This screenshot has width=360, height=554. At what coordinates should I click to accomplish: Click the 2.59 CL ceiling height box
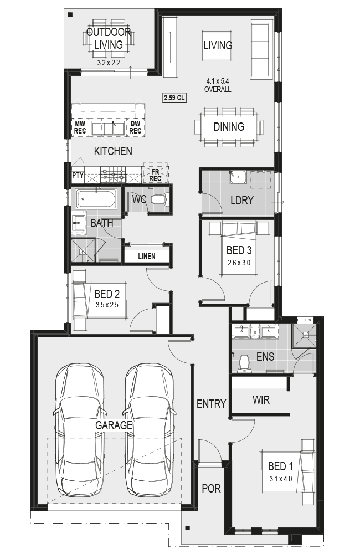pyautogui.click(x=174, y=98)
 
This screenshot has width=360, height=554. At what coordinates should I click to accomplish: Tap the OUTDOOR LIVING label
pyautogui.click(x=109, y=39)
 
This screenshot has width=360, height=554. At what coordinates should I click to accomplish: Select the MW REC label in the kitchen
pyautogui.click(x=80, y=127)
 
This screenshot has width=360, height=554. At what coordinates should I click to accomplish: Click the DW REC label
pyautogui.click(x=135, y=127)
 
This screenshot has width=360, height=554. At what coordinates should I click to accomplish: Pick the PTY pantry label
pyautogui.click(x=78, y=175)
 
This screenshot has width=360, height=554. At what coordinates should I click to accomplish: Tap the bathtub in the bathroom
pyautogui.click(x=96, y=199)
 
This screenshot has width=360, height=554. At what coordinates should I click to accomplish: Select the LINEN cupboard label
pyautogui.click(x=147, y=256)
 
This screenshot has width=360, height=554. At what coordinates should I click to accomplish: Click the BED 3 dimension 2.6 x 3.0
pyautogui.click(x=239, y=263)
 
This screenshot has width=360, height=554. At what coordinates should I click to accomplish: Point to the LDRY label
pyautogui.click(x=242, y=201)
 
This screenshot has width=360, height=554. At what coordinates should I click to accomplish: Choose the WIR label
pyautogui.click(x=261, y=400)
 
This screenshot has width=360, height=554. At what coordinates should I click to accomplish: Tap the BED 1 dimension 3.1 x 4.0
pyautogui.click(x=280, y=479)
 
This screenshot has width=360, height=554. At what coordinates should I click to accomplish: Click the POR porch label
pyautogui.click(x=211, y=489)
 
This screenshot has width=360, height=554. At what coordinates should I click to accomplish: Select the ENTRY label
pyautogui.click(x=211, y=404)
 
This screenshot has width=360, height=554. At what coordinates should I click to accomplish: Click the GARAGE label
pyautogui.click(x=114, y=425)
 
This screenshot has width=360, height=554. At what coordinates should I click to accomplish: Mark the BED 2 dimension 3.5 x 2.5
pyautogui.click(x=107, y=305)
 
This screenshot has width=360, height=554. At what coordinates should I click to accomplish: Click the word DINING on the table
pyautogui.click(x=229, y=127)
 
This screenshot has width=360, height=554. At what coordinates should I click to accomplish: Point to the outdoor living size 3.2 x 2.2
pyautogui.click(x=109, y=63)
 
